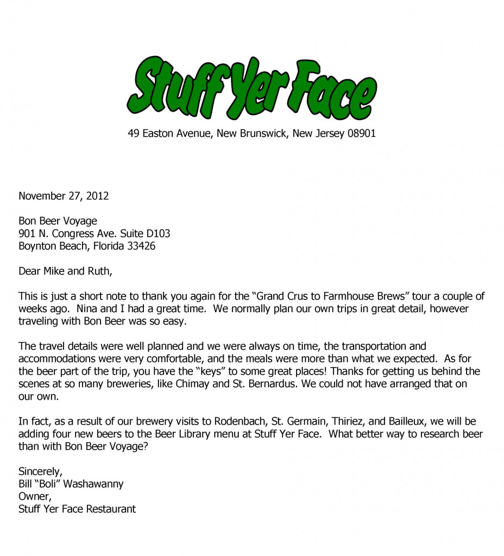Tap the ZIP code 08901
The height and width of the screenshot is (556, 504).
click(359, 133)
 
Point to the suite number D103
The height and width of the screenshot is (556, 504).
click(157, 233)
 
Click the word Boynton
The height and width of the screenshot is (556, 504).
click(36, 246)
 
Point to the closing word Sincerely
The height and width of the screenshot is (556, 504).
click(39, 471)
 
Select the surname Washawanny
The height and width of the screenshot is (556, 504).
click(92, 483)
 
